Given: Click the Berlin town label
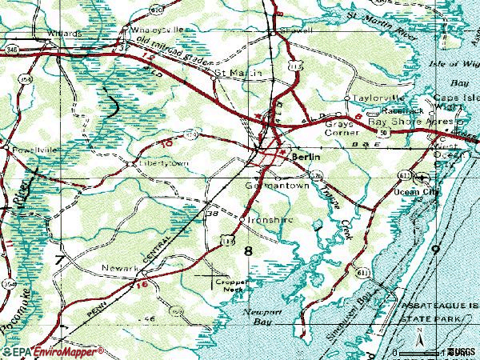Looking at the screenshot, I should [305, 158].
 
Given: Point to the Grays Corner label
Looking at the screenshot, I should [343, 130].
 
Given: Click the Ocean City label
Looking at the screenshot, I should [418, 194].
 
